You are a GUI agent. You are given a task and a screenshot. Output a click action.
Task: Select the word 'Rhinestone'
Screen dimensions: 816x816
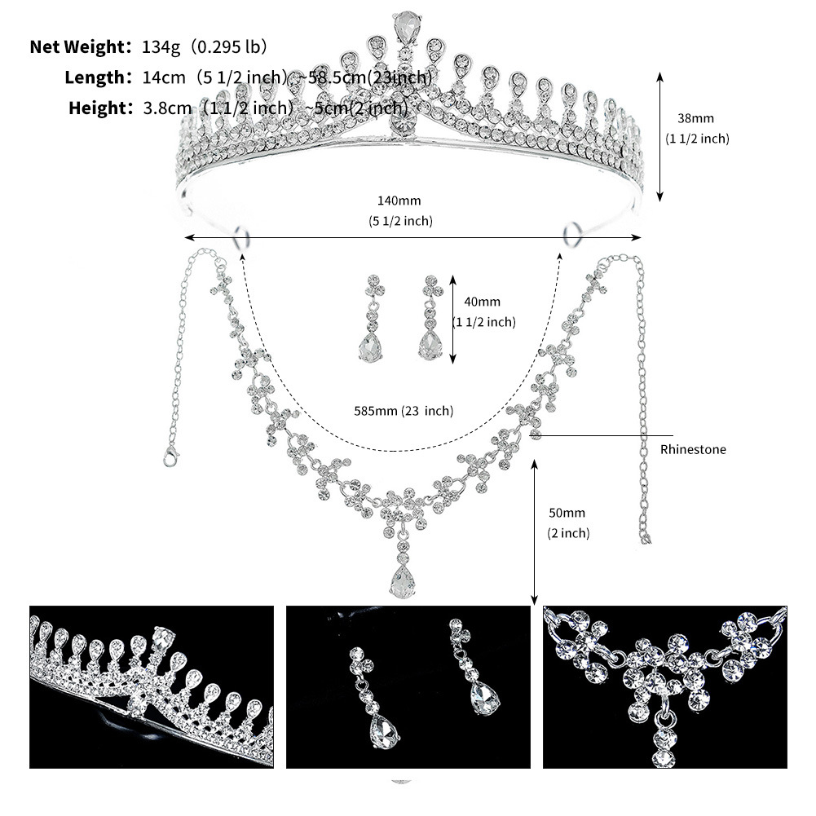(x=693, y=449)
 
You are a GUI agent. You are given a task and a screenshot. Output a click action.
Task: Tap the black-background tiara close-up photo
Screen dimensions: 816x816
(x=152, y=686)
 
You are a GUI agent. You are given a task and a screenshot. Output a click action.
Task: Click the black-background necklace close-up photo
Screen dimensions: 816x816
(x=664, y=686)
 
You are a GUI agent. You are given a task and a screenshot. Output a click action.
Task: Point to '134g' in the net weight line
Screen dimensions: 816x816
(x=155, y=46)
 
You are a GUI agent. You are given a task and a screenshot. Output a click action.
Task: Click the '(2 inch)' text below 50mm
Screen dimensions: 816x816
(x=568, y=533)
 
